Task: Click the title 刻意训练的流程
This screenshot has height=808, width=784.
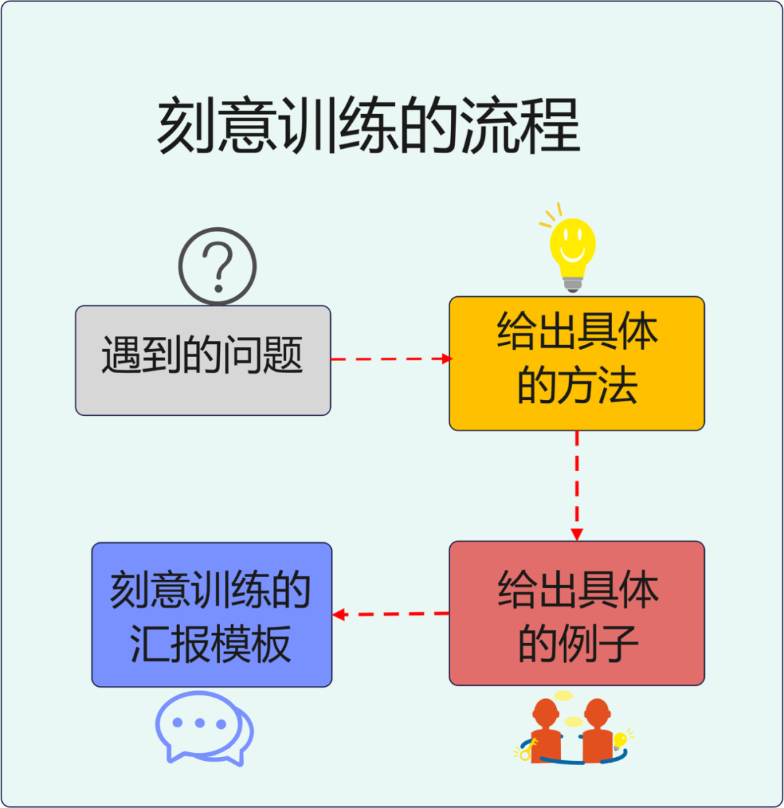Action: pyautogui.click(x=369, y=127)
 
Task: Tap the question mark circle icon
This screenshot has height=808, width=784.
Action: pyautogui.click(x=218, y=266)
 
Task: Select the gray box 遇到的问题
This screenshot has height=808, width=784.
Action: pyautogui.click(x=203, y=360)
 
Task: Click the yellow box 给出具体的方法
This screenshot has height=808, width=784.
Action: pyautogui.click(x=577, y=363)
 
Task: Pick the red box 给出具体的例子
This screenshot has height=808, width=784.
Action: pyautogui.click(x=577, y=613)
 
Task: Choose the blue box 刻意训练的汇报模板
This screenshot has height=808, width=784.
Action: pyautogui.click(x=212, y=614)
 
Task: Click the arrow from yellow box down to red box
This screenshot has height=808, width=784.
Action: pyautogui.click(x=577, y=485)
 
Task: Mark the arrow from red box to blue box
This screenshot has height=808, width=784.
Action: pyautogui.click(x=390, y=614)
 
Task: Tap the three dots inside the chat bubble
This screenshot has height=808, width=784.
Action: pyautogui.click(x=200, y=723)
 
